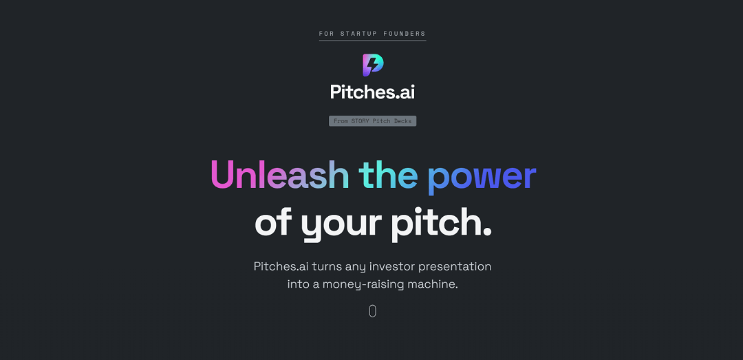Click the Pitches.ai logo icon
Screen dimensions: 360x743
click(373, 65)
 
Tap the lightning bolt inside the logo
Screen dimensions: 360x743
click(373, 65)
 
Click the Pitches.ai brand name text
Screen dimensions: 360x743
click(372, 92)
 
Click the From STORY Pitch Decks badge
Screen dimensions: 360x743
click(372, 121)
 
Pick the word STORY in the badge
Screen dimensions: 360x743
click(360, 121)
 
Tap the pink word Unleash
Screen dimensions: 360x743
click(280, 175)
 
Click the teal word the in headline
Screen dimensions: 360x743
click(388, 175)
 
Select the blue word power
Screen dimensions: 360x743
click(482, 176)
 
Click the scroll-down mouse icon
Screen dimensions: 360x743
click(373, 311)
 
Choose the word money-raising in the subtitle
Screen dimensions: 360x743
click(363, 284)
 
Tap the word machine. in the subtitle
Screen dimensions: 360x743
click(433, 284)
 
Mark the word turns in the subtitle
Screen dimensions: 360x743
click(327, 266)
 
